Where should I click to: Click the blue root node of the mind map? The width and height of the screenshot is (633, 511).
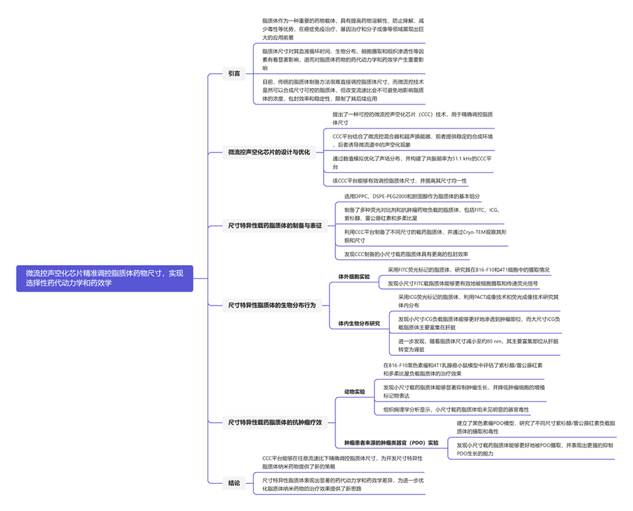[x=105, y=278]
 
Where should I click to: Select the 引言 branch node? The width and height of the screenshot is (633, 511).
[x=234, y=73]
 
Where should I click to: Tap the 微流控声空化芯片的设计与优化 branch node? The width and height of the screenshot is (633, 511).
[x=268, y=152]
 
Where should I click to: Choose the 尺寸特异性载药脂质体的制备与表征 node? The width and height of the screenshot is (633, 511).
[x=274, y=225]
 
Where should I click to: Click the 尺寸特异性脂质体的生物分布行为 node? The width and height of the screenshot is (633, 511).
[x=272, y=305]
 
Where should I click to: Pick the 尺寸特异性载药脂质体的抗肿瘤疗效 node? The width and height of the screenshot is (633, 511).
[x=274, y=422]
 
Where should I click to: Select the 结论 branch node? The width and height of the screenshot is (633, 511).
[x=234, y=483]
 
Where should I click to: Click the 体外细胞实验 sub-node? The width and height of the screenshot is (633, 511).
[x=354, y=276]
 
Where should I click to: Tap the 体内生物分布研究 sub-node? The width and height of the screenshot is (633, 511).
[x=359, y=323]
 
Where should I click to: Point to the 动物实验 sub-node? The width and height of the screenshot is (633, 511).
[x=355, y=392]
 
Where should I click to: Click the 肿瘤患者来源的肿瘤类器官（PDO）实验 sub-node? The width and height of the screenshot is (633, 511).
[x=391, y=442]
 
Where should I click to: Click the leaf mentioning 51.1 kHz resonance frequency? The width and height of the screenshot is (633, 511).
[x=411, y=162]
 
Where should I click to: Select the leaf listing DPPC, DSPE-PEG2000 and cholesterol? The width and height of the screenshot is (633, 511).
[x=412, y=196]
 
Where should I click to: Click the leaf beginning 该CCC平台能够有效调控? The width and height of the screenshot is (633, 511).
[x=402, y=180]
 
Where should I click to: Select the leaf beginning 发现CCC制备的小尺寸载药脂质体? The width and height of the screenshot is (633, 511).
[x=406, y=254]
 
